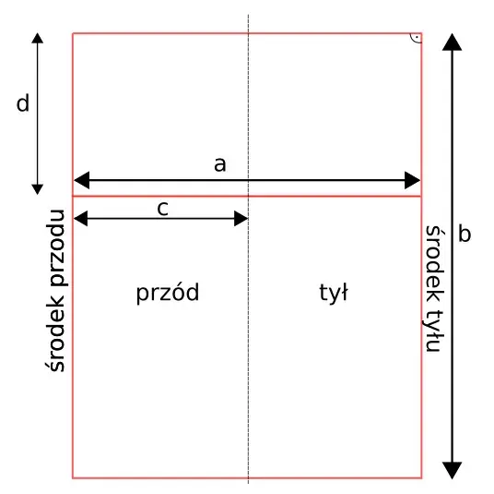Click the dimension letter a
(x=220, y=165)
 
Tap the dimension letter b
(x=465, y=234)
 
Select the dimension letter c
(x=162, y=209)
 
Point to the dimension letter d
(x=23, y=102)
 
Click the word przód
(x=168, y=293)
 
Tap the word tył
(x=334, y=293)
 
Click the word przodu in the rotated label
(x=57, y=247)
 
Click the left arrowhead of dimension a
(x=81, y=180)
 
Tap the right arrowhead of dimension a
(x=412, y=180)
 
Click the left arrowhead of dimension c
(x=80, y=219)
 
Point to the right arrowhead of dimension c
(x=241, y=219)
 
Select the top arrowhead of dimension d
(x=38, y=38)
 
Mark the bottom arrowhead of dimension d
(x=38, y=189)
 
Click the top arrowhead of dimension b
(x=453, y=42)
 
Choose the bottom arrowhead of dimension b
(x=453, y=470)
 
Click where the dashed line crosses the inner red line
(x=248, y=196)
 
